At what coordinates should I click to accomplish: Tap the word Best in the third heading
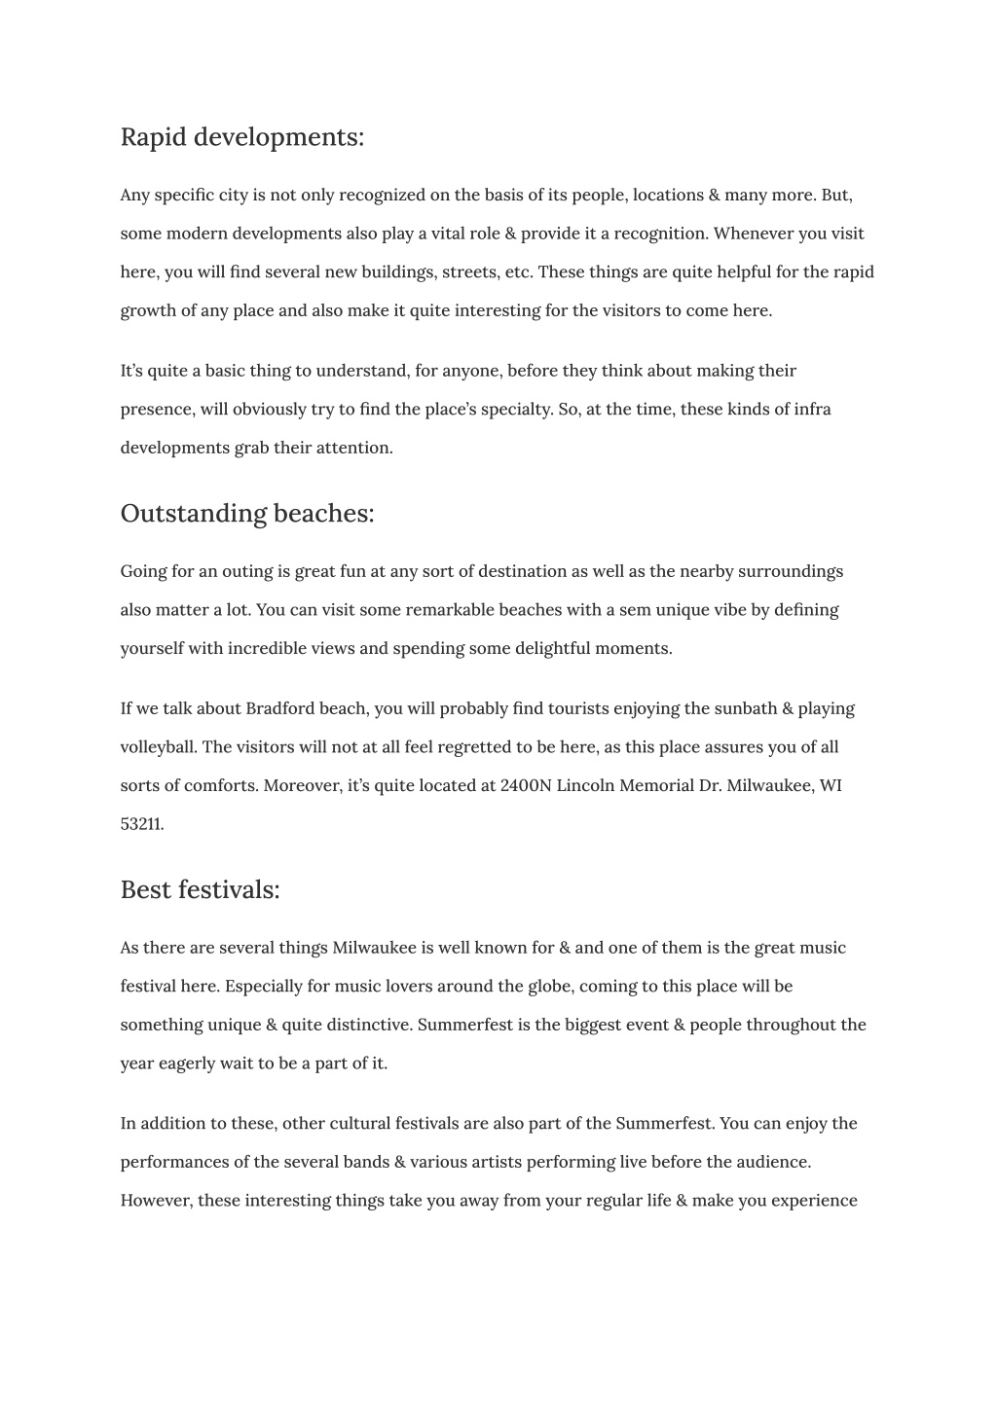pyautogui.click(x=145, y=889)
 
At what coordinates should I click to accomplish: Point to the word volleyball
pyautogui.click(x=159, y=747)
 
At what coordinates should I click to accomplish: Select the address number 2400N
pyautogui.click(x=526, y=785)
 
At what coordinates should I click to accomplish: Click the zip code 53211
pyautogui.click(x=141, y=824)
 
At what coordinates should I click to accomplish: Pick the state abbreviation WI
pyautogui.click(x=831, y=785)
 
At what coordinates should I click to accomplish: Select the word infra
pyautogui.click(x=812, y=409)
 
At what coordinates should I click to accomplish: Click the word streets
pyautogui.click(x=470, y=272)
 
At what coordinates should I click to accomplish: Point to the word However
pyautogui.click(x=156, y=1201)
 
